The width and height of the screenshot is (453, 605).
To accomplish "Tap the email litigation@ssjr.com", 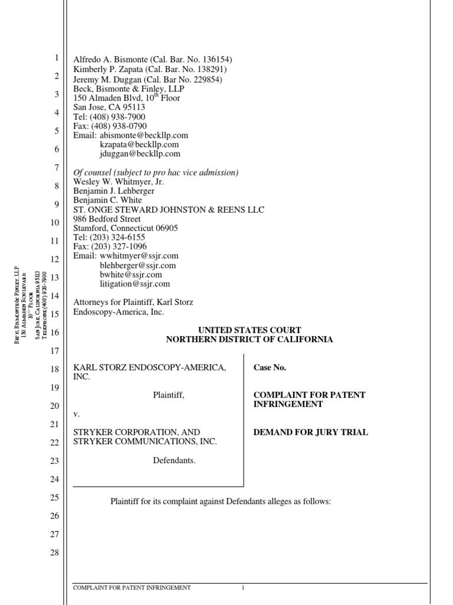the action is coord(135,284).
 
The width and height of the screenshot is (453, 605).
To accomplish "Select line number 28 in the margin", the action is coord(55,553).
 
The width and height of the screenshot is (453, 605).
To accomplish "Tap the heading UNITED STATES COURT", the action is coord(249,330).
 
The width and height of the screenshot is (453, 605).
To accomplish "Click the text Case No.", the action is coord(270,367).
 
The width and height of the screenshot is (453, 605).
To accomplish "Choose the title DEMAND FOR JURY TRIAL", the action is coord(310,432).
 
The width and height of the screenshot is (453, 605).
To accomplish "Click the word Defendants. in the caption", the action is coord(174,460).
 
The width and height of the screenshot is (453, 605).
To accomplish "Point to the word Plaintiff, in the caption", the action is coord(169,395).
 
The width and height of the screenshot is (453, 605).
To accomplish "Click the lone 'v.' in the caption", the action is coord(77,414).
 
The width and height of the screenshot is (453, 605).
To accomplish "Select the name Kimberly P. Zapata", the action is coord(108,69).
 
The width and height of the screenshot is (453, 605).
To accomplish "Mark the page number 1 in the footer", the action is coord(242,588).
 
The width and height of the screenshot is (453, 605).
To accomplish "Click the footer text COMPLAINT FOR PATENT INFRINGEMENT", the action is coord(132,588).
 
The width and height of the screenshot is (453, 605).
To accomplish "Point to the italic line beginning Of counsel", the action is coord(156,173).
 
